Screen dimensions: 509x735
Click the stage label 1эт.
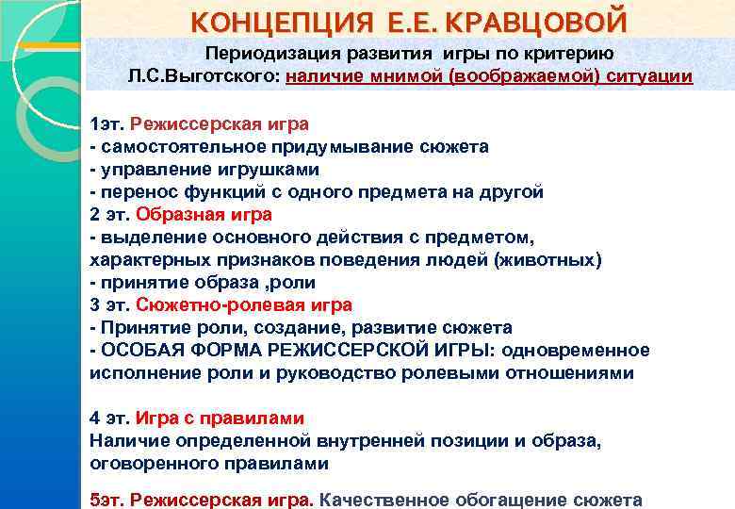coord(106,124)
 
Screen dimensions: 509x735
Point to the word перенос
coord(131,192)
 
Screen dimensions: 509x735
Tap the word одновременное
coord(576,351)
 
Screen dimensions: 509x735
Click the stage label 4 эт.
coord(109,419)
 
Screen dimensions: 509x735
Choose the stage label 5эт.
coord(106,500)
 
